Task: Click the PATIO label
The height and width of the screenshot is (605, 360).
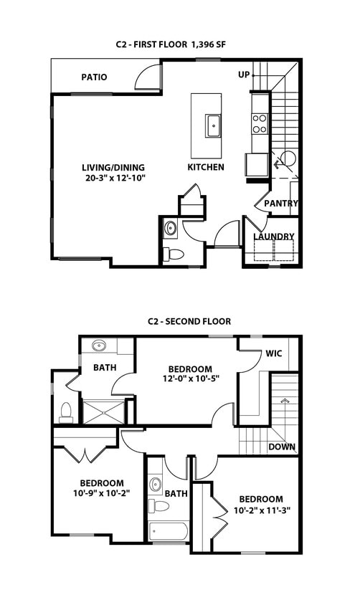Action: click(94, 77)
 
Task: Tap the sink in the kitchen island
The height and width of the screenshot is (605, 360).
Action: click(213, 125)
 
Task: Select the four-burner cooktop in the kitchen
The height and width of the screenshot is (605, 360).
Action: click(260, 124)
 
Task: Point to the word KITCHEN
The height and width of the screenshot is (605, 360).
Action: click(206, 167)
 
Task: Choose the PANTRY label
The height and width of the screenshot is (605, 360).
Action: click(280, 204)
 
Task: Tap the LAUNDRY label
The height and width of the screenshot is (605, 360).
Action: click(273, 237)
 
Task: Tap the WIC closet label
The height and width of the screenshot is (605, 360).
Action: click(273, 353)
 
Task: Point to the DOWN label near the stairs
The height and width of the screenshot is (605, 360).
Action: click(282, 447)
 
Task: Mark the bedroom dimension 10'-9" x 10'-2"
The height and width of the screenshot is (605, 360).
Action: click(101, 493)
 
